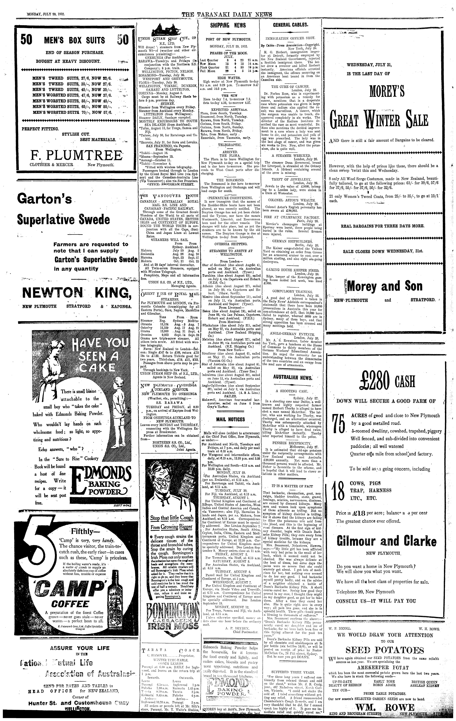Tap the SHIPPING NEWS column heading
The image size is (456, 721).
[x=228, y=25]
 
